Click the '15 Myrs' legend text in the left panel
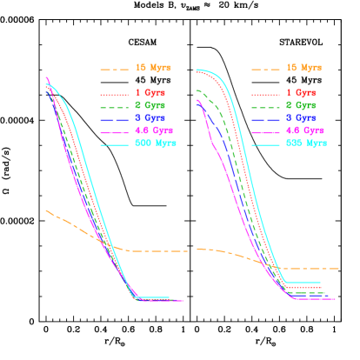point(153,68)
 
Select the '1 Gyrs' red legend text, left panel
point(150,93)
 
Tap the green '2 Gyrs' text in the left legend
point(150,105)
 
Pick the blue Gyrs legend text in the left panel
point(150,117)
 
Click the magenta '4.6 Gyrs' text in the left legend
point(155,130)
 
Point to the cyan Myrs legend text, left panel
point(156,143)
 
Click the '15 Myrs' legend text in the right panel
point(303,68)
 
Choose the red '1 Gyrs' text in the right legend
point(301,93)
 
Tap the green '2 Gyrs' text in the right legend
point(301,105)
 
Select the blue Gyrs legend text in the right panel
point(301,117)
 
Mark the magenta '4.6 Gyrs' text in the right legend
point(305,130)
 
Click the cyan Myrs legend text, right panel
point(306,143)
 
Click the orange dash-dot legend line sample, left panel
point(115,69)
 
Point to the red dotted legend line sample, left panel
point(115,94)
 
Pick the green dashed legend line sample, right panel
point(265,106)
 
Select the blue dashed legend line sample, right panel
point(265,118)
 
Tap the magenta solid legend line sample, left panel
point(115,131)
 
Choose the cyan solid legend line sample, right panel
point(265,143)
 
